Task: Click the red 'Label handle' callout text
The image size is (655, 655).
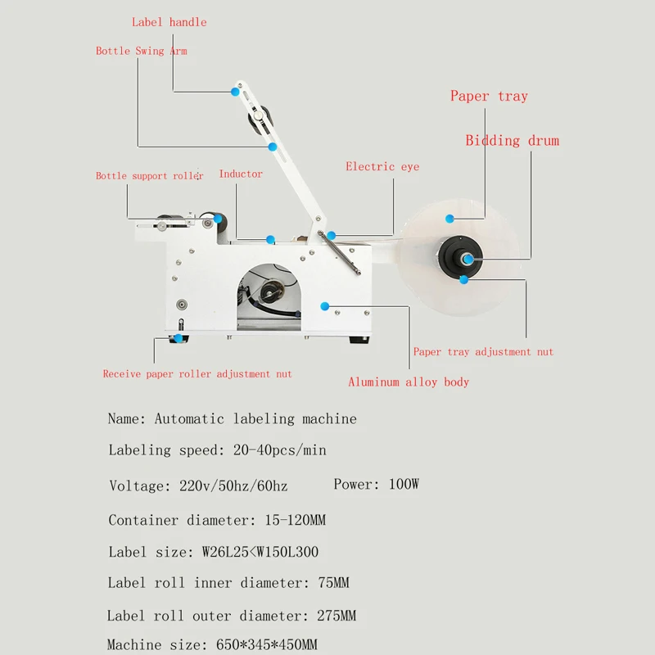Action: pos(169,22)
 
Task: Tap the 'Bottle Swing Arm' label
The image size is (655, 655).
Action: pos(141,51)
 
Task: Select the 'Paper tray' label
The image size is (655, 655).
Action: pos(489,97)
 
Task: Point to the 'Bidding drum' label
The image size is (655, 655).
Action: pos(512,141)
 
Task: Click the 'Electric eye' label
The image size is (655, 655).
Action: pos(382,167)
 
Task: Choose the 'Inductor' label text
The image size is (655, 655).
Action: pos(241,174)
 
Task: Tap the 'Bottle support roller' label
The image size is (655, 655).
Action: pos(149,176)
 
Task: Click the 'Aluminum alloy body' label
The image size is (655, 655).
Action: pos(409,382)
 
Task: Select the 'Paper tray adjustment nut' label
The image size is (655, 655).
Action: pos(483,352)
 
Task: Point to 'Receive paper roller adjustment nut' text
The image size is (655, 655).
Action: pos(197,374)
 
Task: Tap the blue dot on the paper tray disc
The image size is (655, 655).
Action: pos(449,218)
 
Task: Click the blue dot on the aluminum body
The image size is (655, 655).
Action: pos(325,305)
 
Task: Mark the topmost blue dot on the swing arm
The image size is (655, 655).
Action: pos(236,93)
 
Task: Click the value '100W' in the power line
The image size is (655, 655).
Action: pos(404,484)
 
